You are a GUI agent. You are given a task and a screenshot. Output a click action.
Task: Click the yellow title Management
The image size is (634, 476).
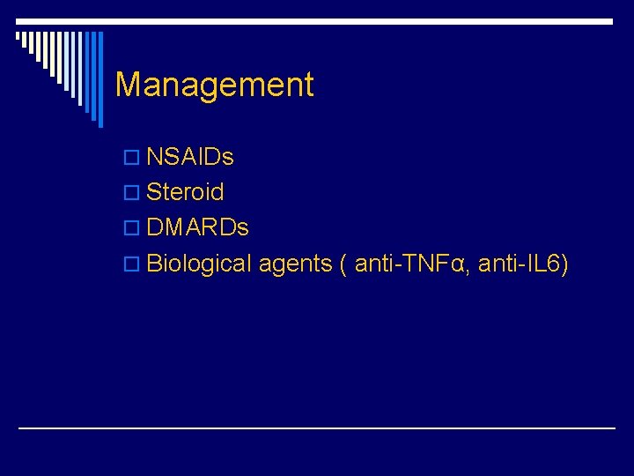tap(214, 86)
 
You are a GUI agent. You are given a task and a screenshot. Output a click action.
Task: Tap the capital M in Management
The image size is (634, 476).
tap(128, 86)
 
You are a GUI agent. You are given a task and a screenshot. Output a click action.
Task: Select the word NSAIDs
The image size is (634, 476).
tap(189, 158)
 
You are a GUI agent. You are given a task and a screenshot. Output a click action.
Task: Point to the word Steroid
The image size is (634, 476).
tap(185, 192)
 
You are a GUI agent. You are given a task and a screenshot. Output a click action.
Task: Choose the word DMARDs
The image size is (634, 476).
tap(197, 227)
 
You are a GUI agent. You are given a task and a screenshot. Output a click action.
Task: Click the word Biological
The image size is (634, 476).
tap(199, 263)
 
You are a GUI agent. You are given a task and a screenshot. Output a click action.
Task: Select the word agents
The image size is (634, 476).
tap(295, 264)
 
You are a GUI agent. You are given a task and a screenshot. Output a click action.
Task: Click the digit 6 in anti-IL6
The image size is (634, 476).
tap(556, 263)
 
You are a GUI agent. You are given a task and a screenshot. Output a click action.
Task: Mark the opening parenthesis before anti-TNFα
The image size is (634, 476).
tap(343, 264)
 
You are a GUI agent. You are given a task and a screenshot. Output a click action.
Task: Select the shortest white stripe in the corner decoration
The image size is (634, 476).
tap(18, 37)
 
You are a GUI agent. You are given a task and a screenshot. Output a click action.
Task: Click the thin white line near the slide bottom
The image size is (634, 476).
tap(317, 428)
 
